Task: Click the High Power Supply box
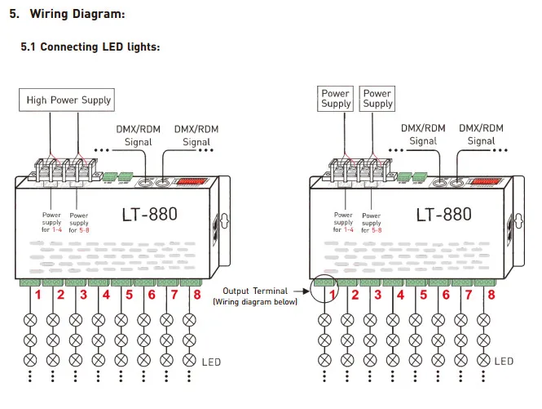pos(67,100)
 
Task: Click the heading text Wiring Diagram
pos(77,14)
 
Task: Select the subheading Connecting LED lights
pos(100,47)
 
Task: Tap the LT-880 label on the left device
pos(150,215)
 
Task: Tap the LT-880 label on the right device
pos(444,215)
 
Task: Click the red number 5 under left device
pos(129,295)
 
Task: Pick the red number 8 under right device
pos(491,295)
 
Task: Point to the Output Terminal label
pos(255,291)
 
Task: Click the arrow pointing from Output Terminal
pos(302,291)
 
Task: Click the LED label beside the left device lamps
pos(211,362)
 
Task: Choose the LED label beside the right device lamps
pos(504,362)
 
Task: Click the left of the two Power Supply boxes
pos(335,99)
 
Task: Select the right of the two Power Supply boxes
pos(377,99)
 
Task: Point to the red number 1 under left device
pos(37,295)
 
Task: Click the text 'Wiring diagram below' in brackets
pos(255,302)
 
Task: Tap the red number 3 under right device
pos(378,295)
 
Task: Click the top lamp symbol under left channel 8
pos(189,320)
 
